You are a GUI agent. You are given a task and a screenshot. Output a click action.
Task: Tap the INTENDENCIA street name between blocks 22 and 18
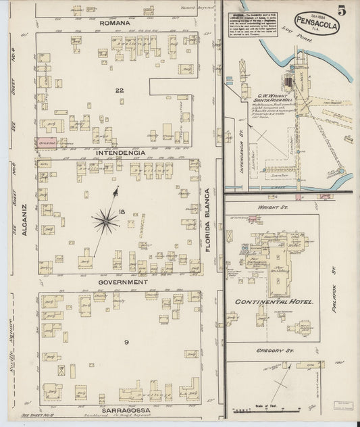120,153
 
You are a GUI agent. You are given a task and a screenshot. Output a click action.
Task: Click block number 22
120,91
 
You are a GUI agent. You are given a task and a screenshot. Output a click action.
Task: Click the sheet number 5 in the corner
342,10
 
